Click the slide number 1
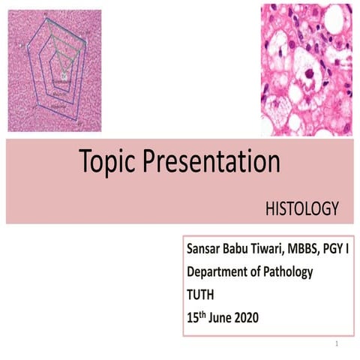(x=339, y=344)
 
